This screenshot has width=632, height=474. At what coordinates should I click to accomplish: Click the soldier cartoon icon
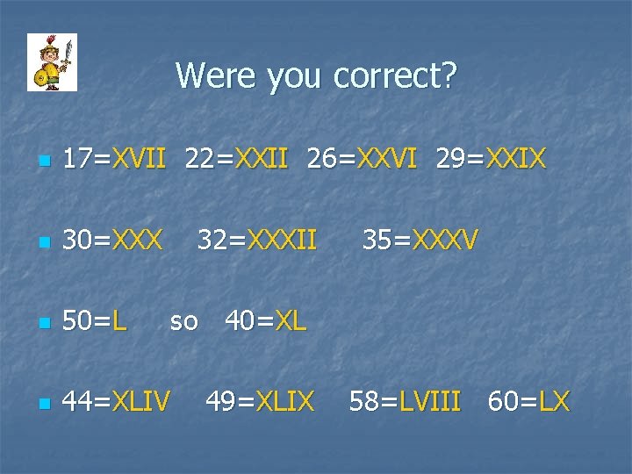click(52, 62)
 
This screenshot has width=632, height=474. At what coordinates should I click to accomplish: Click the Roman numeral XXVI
click(384, 159)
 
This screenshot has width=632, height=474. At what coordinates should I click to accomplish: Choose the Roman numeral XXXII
click(282, 239)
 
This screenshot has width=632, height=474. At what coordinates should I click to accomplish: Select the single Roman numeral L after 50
click(119, 321)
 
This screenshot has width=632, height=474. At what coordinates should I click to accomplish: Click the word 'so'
click(183, 321)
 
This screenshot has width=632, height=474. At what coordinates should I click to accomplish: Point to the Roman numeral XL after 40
click(291, 321)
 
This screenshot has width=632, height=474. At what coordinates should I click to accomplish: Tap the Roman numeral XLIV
click(140, 402)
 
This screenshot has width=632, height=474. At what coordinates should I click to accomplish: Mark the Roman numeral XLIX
click(284, 402)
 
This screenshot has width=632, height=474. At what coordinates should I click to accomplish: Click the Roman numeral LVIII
click(429, 402)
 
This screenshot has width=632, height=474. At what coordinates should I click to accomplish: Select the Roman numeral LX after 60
click(554, 402)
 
